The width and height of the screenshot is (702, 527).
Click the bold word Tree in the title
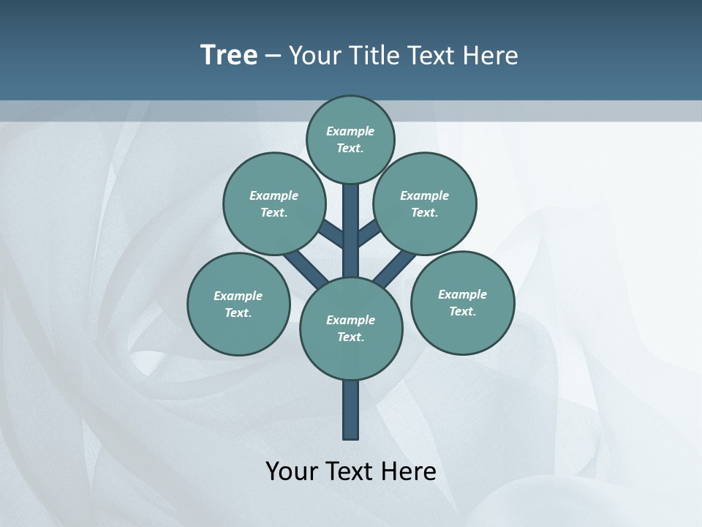pos(229,55)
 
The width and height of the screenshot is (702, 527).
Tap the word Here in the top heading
pos(491,56)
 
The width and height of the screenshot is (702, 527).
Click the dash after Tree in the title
pos(273,56)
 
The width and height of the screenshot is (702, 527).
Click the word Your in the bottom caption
pos(291,471)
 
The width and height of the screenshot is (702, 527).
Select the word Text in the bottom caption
pos(349,471)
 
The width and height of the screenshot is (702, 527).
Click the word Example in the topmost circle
pos(350,131)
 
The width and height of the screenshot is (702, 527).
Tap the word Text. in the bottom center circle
pos(350,337)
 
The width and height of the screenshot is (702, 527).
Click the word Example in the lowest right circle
pos(462,294)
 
